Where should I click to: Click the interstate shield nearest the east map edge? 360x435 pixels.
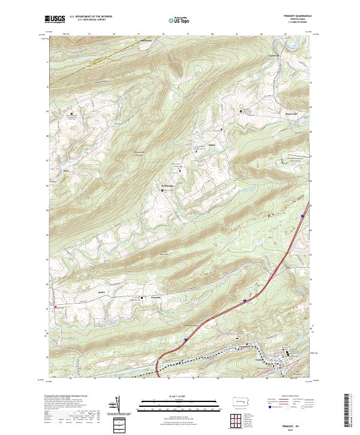[x=302, y=216]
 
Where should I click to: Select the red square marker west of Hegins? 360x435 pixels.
[x=56, y=307]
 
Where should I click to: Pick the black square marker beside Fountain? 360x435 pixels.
[x=143, y=301]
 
